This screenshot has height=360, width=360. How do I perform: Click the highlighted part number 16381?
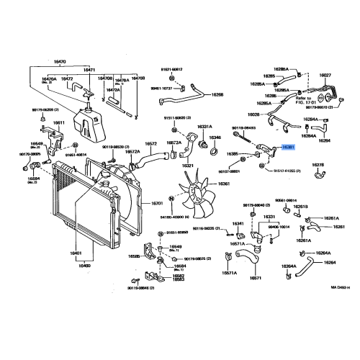(288, 147)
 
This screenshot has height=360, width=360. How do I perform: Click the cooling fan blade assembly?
(191, 198)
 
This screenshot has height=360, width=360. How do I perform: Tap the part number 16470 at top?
(59, 62)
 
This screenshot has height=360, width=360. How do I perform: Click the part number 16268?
(217, 94)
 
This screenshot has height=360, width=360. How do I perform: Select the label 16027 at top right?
(325, 74)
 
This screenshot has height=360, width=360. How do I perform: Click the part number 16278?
(318, 165)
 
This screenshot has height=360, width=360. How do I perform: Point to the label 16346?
(215, 137)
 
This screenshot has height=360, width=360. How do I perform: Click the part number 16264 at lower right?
(329, 263)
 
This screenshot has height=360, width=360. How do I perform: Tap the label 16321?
(188, 166)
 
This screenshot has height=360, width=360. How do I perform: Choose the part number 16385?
(232, 154)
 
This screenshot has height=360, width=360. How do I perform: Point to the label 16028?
(253, 114)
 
